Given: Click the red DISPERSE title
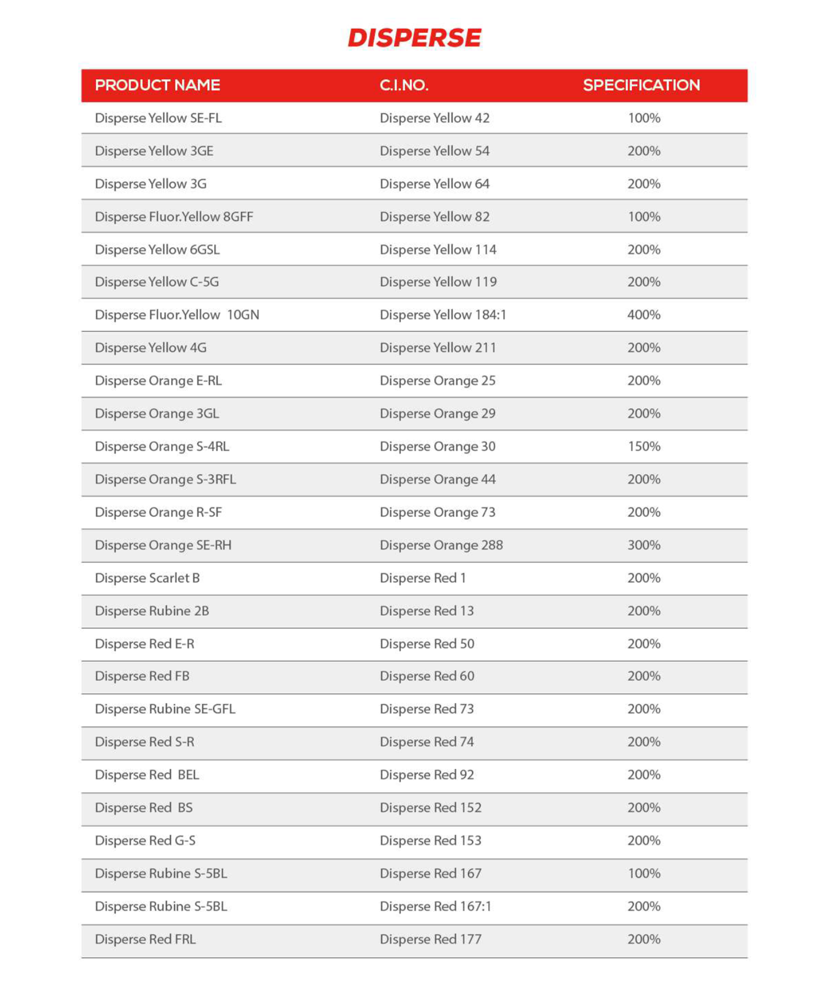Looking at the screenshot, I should [x=414, y=38].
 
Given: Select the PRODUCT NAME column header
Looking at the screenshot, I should [x=157, y=85].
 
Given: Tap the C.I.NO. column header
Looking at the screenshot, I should [x=404, y=85].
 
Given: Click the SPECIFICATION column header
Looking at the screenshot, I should [x=641, y=85].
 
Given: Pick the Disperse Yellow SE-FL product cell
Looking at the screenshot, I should [x=158, y=118].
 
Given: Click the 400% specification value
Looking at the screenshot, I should [x=644, y=315].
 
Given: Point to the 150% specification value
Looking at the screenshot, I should [x=644, y=446].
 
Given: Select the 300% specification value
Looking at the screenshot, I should [x=644, y=545].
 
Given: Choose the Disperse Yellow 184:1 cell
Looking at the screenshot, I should [x=443, y=315].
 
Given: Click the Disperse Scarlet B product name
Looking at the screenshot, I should [x=147, y=578].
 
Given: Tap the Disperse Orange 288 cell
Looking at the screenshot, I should [x=441, y=545].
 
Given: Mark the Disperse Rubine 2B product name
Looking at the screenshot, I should [x=152, y=611].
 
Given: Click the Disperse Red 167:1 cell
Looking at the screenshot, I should [x=435, y=906].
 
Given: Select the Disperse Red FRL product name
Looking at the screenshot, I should [x=145, y=939].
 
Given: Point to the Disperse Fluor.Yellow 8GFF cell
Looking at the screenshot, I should [x=174, y=216].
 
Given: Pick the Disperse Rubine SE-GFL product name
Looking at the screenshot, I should [x=165, y=709].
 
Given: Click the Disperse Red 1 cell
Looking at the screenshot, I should [x=422, y=578].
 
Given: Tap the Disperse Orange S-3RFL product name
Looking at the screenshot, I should [x=165, y=479].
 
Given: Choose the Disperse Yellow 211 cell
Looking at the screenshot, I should [x=438, y=348].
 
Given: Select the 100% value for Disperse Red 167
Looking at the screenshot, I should [x=644, y=874].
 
